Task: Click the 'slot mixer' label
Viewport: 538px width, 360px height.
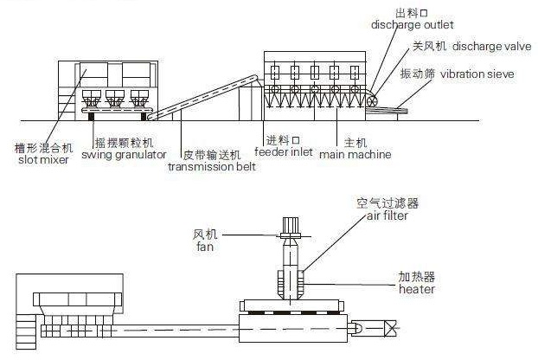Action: click(x=43, y=159)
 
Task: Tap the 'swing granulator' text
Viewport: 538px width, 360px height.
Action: click(x=124, y=155)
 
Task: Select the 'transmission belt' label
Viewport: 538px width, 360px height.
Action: click(x=212, y=167)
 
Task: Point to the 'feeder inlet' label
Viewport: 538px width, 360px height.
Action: click(x=284, y=151)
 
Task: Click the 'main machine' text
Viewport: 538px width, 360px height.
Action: click(x=355, y=154)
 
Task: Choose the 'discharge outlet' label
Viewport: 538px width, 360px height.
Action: click(x=413, y=25)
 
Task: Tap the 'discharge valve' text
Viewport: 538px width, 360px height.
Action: click(x=492, y=47)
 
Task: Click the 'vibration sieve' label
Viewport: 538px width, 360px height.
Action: click(x=477, y=74)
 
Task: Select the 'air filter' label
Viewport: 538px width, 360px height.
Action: click(x=387, y=215)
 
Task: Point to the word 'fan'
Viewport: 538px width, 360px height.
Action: click(x=205, y=247)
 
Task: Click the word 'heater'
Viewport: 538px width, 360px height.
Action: click(x=417, y=289)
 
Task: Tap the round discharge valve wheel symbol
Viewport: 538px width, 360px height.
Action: click(x=372, y=101)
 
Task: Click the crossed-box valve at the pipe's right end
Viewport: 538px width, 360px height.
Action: click(x=390, y=328)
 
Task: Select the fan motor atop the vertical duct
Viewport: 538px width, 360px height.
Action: click(x=291, y=227)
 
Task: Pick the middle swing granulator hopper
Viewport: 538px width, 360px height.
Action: click(x=114, y=99)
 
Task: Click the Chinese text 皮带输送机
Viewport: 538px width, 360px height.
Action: click(x=212, y=155)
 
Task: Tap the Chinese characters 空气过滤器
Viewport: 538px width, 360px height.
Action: click(x=387, y=203)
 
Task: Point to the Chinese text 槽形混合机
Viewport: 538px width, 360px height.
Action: click(x=43, y=148)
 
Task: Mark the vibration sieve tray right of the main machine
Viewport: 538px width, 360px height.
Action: click(x=387, y=110)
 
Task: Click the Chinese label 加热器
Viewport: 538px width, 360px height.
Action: click(x=417, y=277)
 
